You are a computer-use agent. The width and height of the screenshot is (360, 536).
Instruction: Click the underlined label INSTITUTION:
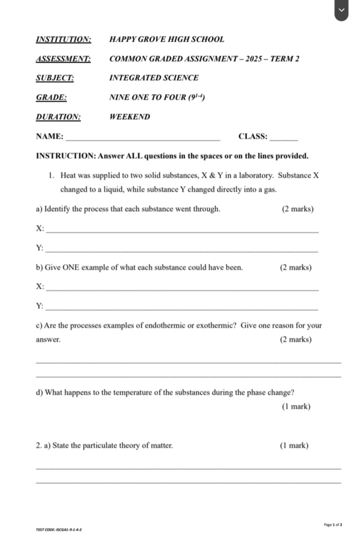pos(63,39)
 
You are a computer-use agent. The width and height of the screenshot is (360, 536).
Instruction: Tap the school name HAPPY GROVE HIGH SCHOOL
pos(166,39)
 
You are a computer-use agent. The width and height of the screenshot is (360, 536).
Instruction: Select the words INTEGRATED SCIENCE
pos(153,78)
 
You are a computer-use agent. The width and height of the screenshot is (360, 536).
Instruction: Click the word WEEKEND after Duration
pos(129,117)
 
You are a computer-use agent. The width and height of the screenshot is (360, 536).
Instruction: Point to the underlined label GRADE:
pos(51,97)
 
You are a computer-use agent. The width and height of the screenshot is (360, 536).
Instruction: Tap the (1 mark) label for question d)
pos(296,406)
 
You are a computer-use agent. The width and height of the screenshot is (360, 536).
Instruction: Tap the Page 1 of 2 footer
pos(332,524)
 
